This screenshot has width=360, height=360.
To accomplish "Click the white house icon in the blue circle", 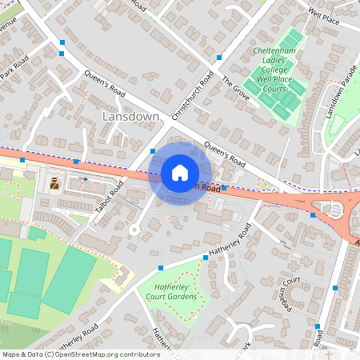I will tap(180, 172).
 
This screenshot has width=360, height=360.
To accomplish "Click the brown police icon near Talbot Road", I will tap(54, 183).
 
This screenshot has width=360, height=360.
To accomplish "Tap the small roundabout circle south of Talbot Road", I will tap(134, 230).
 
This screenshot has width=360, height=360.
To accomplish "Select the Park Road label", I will tap(14, 68).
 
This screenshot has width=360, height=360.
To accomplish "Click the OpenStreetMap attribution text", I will tap(80, 354).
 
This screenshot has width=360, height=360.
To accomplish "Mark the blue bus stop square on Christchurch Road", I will tap(219, 58).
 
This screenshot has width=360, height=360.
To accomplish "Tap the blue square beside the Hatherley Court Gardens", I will tap(161, 268).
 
